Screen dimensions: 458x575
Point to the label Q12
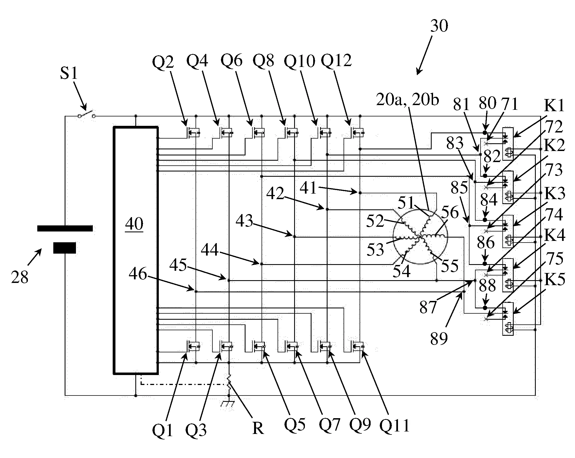click(336, 60)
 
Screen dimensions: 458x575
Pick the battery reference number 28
click(20, 277)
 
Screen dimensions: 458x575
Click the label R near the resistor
click(258, 428)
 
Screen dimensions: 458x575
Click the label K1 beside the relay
click(554, 106)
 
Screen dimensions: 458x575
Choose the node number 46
click(138, 274)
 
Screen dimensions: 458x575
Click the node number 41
click(308, 188)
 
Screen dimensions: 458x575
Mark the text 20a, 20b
click(407, 100)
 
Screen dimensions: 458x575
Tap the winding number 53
click(375, 249)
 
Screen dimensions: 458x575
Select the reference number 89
click(439, 338)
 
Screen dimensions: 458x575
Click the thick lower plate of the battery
click(64, 248)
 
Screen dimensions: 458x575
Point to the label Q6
click(231, 60)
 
